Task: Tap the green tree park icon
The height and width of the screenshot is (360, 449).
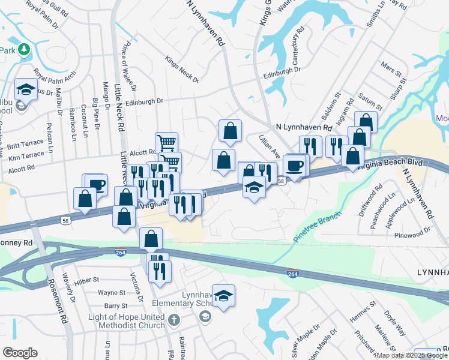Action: (x=24, y=49)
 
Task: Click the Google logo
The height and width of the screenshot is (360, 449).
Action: (x=20, y=353)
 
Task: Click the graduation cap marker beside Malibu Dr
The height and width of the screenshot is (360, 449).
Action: (x=25, y=90)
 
